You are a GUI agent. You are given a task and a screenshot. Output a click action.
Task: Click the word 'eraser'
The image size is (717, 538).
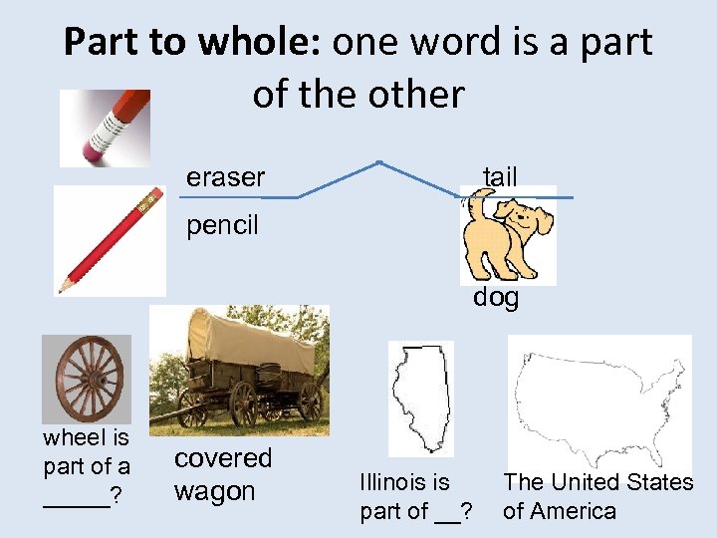(225, 177)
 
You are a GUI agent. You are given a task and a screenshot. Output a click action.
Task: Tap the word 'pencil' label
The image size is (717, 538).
(222, 225)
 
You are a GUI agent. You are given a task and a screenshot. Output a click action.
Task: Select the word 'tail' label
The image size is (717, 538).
(500, 176)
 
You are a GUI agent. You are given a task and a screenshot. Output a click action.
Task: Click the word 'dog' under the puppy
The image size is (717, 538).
(496, 297)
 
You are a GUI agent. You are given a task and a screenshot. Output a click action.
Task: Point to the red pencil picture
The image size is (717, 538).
(110, 240)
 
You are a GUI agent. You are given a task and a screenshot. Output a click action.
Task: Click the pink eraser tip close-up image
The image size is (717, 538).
(105, 128)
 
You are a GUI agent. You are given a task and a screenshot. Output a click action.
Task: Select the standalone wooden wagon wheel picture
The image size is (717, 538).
(86, 379)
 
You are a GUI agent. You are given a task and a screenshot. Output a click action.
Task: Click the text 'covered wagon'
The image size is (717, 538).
(222, 474)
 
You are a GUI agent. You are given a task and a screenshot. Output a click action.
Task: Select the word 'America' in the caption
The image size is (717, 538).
(576, 512)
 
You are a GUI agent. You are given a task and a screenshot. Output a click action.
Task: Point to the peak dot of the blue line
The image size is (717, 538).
(379, 162)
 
